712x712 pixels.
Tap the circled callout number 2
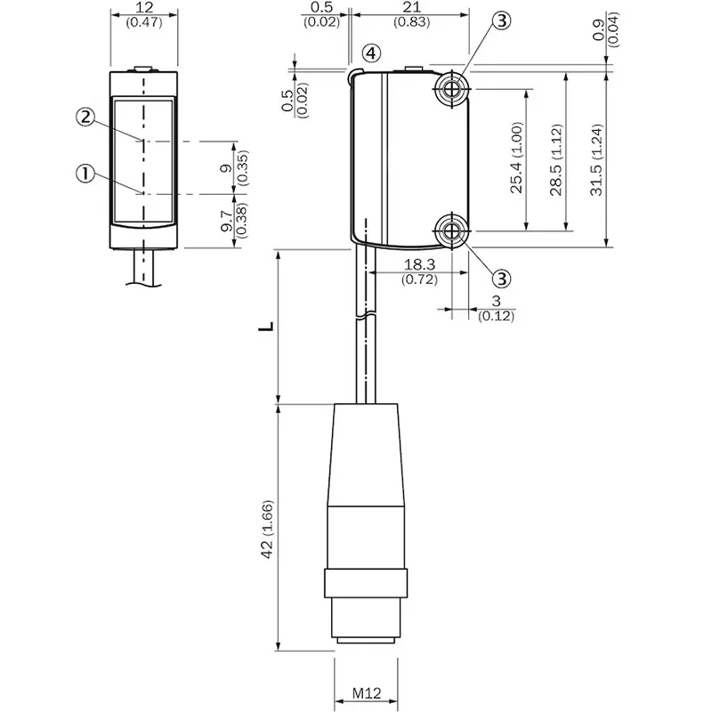pyautogui.click(x=85, y=117)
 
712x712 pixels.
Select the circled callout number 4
pyautogui.click(x=371, y=53)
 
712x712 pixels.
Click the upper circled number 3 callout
pyautogui.click(x=502, y=20)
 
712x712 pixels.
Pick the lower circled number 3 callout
pyautogui.click(x=502, y=279)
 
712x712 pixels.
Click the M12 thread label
pyautogui.click(x=367, y=693)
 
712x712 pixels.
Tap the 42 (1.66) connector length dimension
pyautogui.click(x=267, y=530)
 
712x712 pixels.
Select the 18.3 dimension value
pyautogui.click(x=419, y=263)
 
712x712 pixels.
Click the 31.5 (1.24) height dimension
pyautogui.click(x=596, y=160)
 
